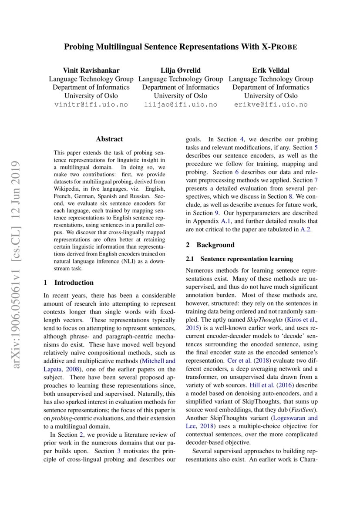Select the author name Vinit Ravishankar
pos(91,70)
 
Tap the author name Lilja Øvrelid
pos(181,70)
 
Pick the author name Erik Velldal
pos(271,70)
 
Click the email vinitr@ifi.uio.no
pos(91,104)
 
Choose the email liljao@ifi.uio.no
pos(181,104)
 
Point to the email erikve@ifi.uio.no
pos(271,104)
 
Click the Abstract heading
pos(109,139)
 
